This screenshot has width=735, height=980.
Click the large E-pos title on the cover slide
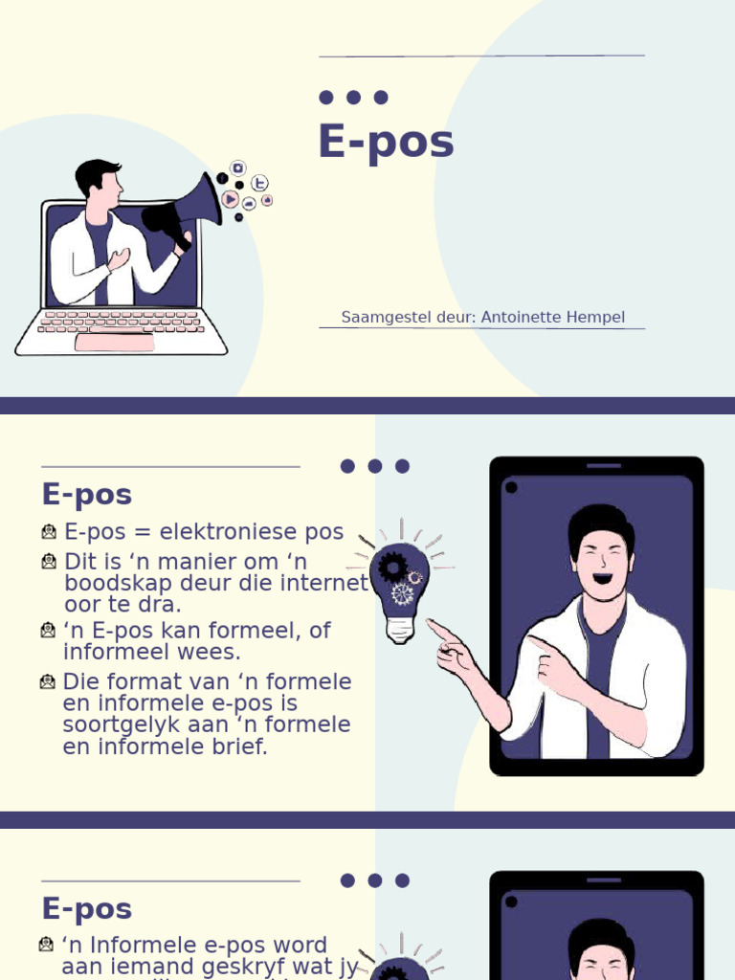[x=386, y=143]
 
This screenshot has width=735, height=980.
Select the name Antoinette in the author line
[x=517, y=317]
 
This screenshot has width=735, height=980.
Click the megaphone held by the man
[x=187, y=206]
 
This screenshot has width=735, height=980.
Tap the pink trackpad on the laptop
[x=114, y=343]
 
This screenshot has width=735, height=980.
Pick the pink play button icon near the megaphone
[x=230, y=199]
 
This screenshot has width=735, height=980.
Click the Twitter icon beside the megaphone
[x=259, y=183]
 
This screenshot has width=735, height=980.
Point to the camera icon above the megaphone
[x=239, y=167]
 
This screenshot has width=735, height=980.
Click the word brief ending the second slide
[x=239, y=746]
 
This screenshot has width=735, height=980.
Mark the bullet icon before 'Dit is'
[x=49, y=561]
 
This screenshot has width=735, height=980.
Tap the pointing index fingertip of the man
[x=431, y=624]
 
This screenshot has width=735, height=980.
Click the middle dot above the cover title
[x=353, y=97]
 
